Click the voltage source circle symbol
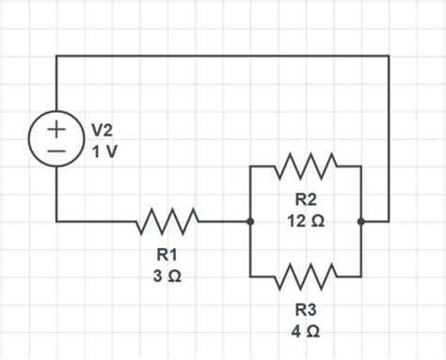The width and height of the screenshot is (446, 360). (x=56, y=139)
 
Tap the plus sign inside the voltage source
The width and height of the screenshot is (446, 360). (x=56, y=128)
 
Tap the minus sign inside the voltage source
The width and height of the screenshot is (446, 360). (x=56, y=150)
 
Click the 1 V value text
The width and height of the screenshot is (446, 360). (x=104, y=150)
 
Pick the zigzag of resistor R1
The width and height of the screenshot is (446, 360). (x=167, y=222)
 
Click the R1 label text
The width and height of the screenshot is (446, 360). (x=167, y=255)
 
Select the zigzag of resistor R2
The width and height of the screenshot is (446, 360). (x=306, y=166)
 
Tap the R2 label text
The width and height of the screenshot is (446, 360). (x=306, y=199)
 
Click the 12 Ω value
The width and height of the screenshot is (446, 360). (x=306, y=220)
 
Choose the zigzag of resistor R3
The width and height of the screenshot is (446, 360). (x=306, y=277)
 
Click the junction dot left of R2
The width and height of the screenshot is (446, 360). (x=250, y=222)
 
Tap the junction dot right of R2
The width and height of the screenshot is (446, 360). (x=361, y=222)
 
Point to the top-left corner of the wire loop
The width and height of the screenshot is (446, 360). (x=56, y=55)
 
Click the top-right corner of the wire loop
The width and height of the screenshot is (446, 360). (x=389, y=55)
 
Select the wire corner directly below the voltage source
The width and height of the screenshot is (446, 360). (x=56, y=222)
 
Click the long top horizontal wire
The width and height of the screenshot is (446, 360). (x=222, y=55)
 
